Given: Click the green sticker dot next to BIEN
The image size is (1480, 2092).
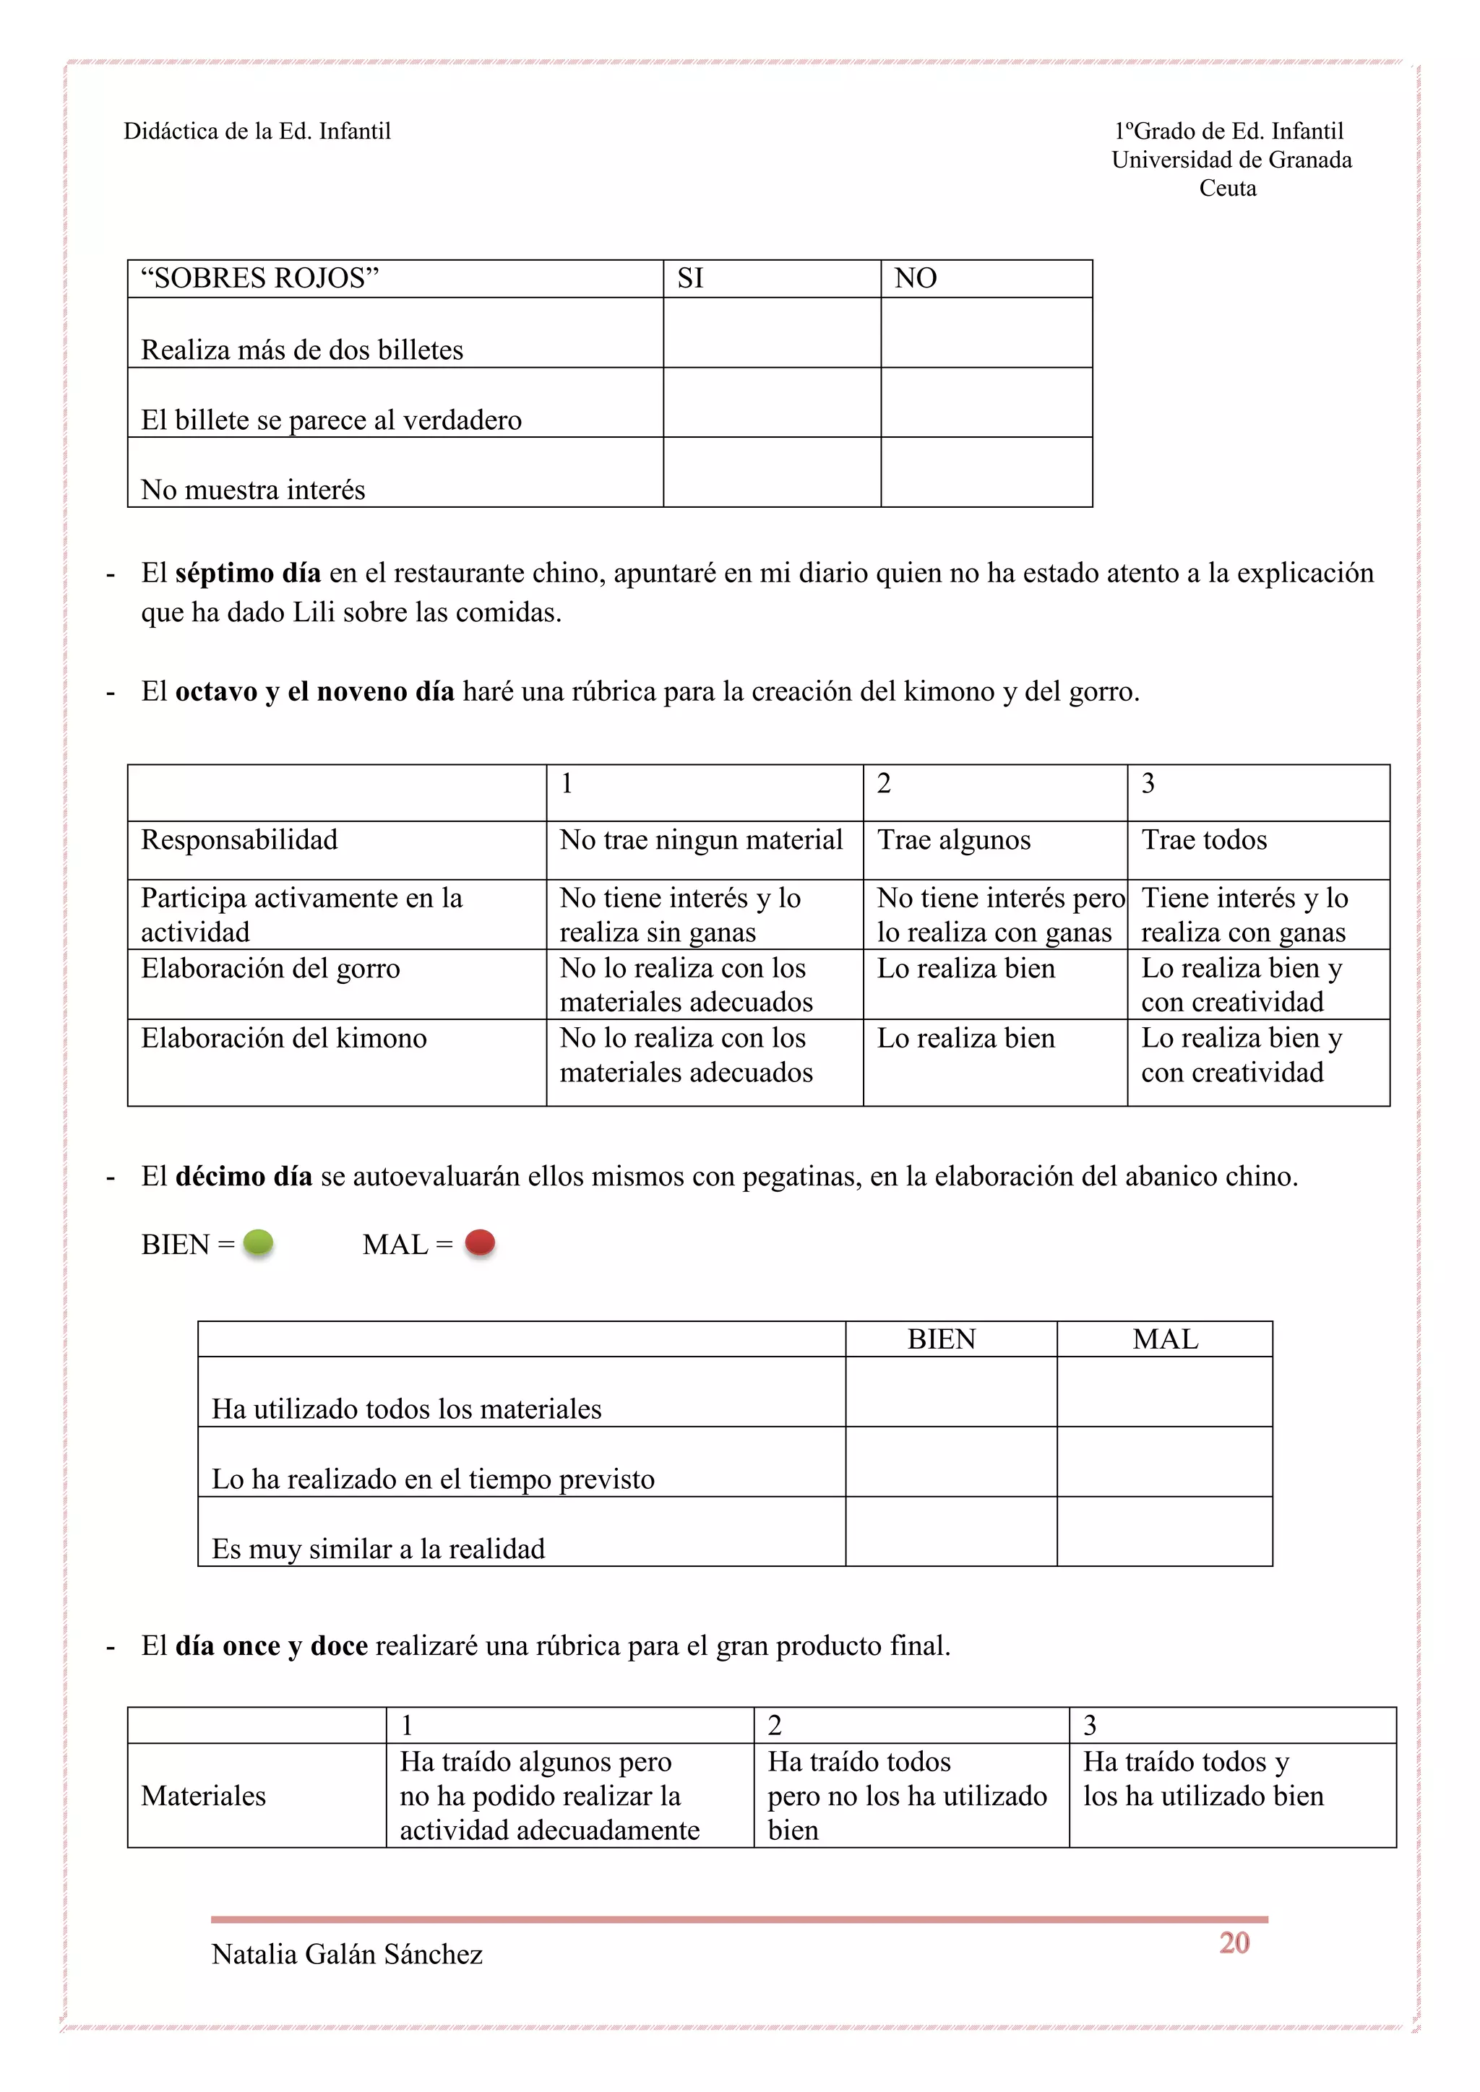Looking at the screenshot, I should (258, 1242).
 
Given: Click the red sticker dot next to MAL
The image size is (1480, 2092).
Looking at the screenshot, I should (479, 1242).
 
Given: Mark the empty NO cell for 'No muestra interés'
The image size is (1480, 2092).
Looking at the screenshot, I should (986, 472).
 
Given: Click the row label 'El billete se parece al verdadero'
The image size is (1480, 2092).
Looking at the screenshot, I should (331, 420).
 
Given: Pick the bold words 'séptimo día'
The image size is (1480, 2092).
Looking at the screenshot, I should (248, 573).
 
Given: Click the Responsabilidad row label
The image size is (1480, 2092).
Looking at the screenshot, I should (238, 839).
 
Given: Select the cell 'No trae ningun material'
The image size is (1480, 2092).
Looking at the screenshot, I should (701, 839).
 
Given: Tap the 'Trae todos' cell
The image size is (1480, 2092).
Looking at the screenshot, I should (1204, 839).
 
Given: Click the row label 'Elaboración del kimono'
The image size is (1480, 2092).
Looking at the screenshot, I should (283, 1038).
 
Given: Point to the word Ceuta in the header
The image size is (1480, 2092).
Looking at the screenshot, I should (1228, 188).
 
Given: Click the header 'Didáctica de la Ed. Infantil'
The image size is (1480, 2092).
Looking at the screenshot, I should (257, 131).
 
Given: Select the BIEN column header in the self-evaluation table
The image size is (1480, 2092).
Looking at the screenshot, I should (942, 1339).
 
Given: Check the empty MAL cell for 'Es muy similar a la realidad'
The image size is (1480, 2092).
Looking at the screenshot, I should (1163, 1531).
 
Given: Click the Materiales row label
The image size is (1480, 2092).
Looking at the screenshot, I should (203, 1795).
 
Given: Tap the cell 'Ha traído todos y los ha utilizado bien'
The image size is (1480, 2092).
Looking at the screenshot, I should (1203, 1778).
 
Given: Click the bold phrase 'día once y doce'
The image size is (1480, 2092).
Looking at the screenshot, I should (272, 1646).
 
